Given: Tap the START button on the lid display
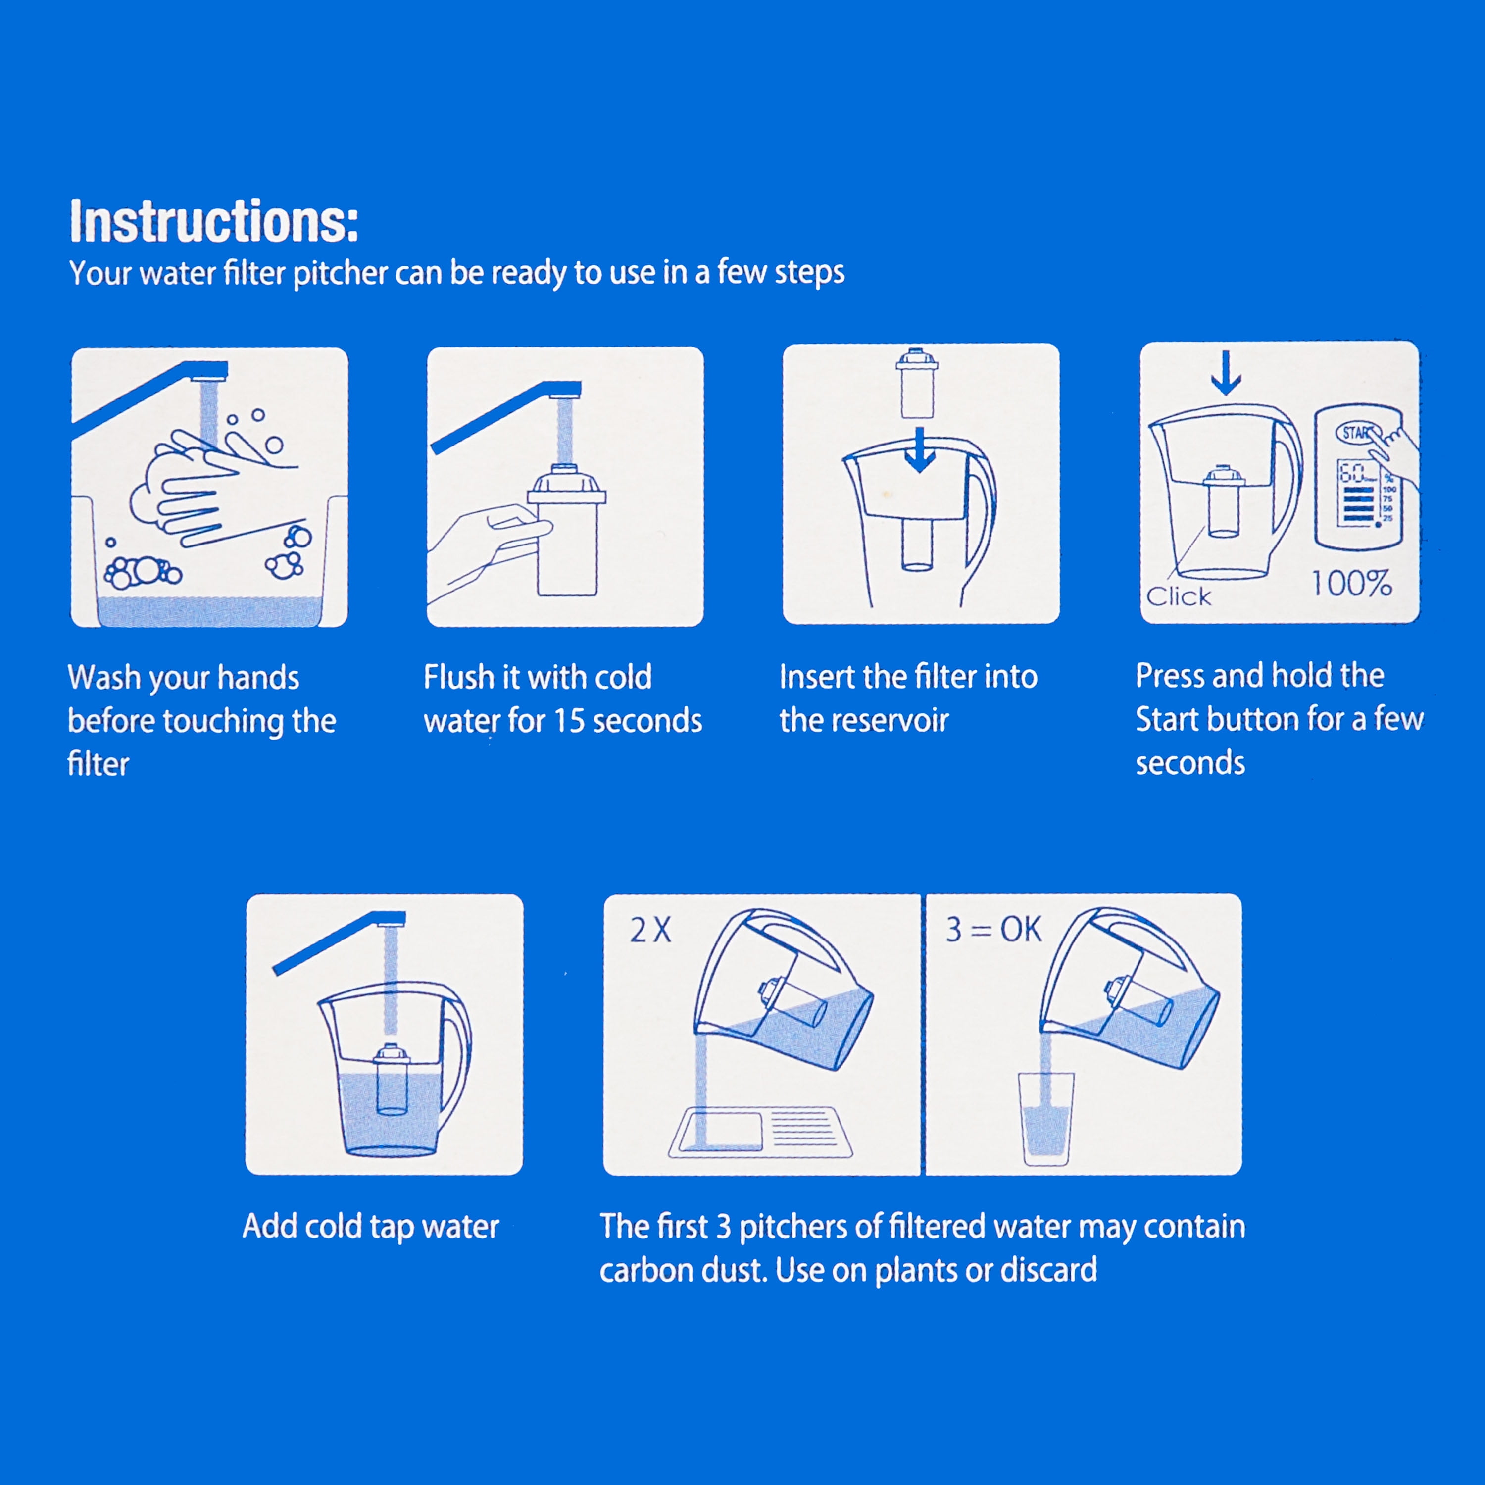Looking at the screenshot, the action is pos(1359,433).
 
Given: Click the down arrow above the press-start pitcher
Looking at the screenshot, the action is pos(1226,373).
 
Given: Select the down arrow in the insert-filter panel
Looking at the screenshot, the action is pos(919,450).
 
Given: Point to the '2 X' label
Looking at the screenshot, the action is pos(650,931).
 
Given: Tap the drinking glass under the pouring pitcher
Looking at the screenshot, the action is pos(1045,1119).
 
